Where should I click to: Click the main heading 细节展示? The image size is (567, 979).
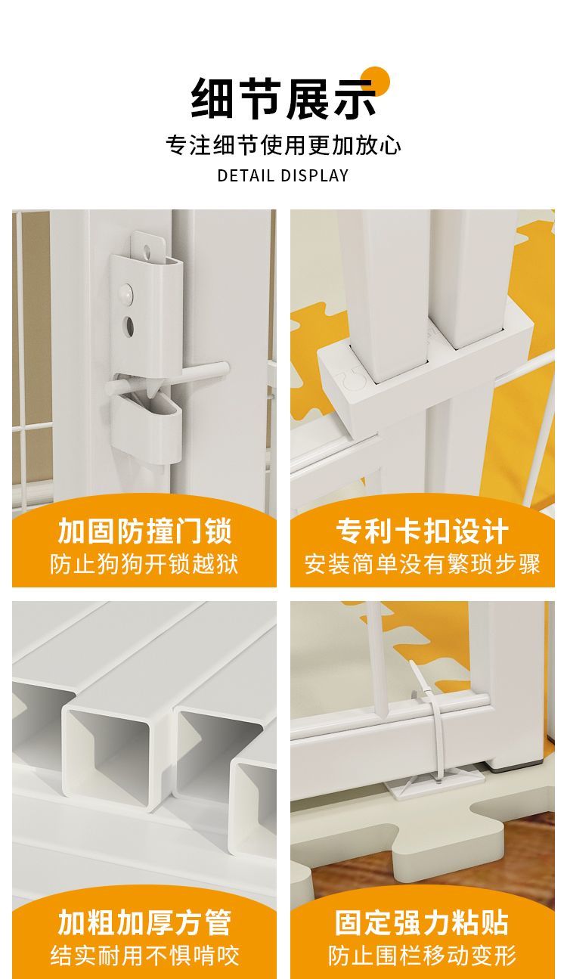tap(283, 99)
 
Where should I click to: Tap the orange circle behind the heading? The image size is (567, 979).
tap(376, 80)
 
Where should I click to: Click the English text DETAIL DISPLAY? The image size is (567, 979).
tap(283, 175)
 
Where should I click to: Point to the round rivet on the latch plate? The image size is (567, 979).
tap(126, 292)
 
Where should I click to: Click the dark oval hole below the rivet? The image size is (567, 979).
tap(129, 326)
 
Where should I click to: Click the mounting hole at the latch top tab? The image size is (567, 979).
tap(147, 250)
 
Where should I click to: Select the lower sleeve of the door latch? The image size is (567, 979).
tap(146, 428)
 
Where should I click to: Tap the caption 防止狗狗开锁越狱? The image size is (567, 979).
tap(144, 564)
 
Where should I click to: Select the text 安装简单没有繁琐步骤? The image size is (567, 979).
tap(423, 564)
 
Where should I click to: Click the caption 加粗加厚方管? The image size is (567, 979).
tap(144, 910)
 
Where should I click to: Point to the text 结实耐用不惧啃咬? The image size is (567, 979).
tap(144, 943)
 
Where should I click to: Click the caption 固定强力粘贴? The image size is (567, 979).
tap(423, 910)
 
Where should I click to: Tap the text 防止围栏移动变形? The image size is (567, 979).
tap(423, 943)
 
